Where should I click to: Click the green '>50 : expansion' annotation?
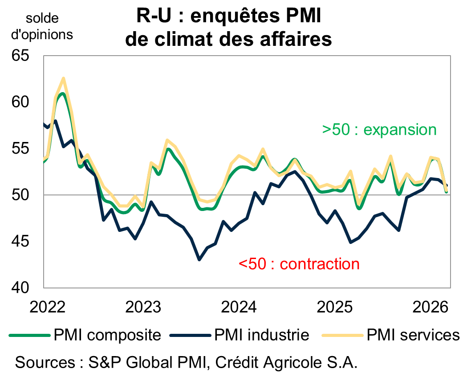tap(379, 130)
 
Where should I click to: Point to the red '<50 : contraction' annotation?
tap(299, 264)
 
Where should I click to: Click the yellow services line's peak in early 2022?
tap(63, 78)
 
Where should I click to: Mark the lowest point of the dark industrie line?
tap(199, 259)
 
